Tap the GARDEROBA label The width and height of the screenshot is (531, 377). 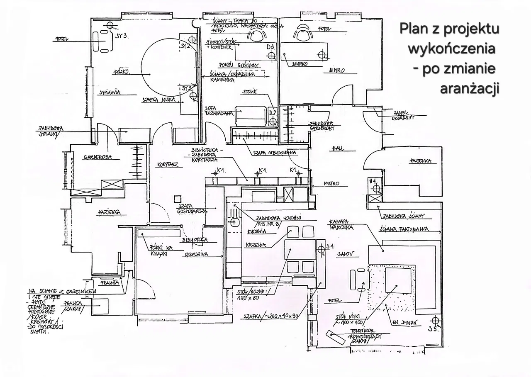tap(98, 157)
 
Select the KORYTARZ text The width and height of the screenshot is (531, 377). tap(168, 165)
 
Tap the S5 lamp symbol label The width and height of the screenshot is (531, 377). tap(434, 330)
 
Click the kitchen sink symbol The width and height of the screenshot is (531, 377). tap(234, 222)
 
